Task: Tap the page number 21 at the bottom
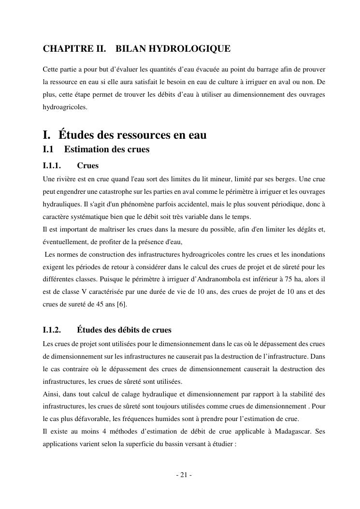coord(184,475)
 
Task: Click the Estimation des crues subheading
coord(106,149)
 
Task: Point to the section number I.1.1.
coord(52,166)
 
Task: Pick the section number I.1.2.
coord(52,330)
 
